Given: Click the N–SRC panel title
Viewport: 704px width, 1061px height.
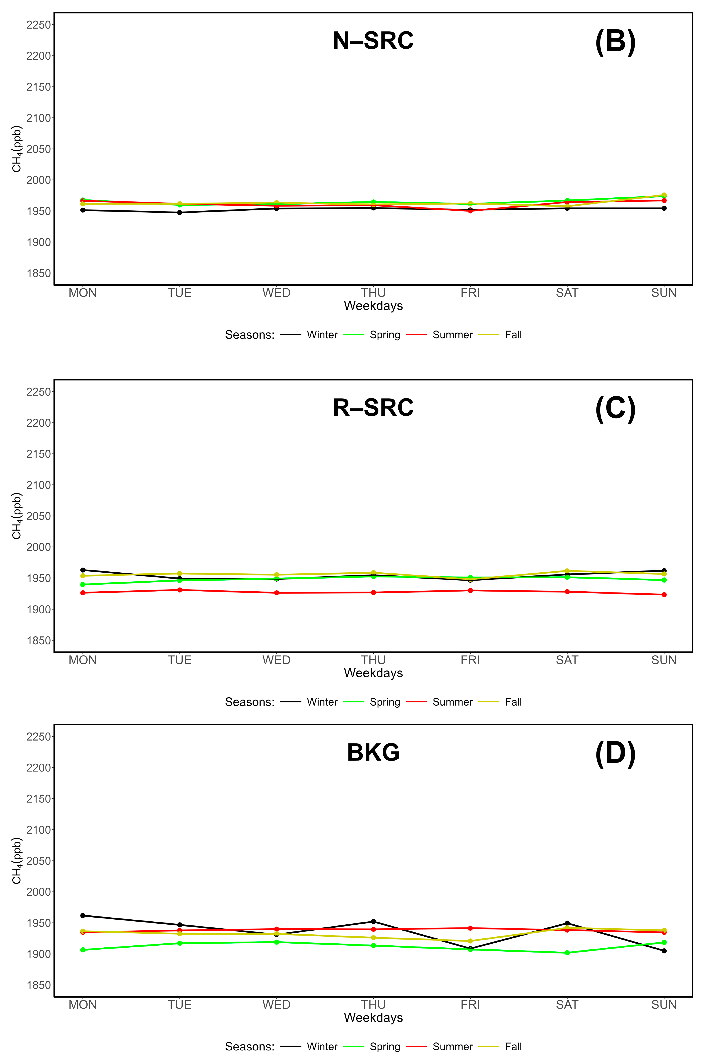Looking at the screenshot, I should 373,41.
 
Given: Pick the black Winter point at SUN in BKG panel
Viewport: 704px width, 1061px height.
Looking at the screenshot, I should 664,951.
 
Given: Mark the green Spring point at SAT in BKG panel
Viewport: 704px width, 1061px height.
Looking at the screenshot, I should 567,953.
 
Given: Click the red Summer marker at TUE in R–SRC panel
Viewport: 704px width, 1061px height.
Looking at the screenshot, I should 180,590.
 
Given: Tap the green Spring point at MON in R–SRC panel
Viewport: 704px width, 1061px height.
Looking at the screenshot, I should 83,585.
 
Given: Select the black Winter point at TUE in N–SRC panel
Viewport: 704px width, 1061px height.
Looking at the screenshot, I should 180,212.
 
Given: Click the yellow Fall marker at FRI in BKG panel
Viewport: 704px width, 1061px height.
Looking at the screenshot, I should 470,941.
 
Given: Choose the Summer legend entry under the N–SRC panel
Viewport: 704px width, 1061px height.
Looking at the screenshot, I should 452,335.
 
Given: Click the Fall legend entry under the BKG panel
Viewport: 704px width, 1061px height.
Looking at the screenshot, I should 513,1047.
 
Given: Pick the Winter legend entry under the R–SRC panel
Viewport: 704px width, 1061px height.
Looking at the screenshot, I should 322,702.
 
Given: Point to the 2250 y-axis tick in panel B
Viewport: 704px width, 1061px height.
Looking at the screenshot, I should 39,25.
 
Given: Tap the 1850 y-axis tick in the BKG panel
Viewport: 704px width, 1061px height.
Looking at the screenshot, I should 39,985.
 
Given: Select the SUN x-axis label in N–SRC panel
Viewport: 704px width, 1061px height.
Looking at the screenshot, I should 664,293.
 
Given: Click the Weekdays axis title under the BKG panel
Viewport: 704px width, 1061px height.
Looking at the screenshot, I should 373,1018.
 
